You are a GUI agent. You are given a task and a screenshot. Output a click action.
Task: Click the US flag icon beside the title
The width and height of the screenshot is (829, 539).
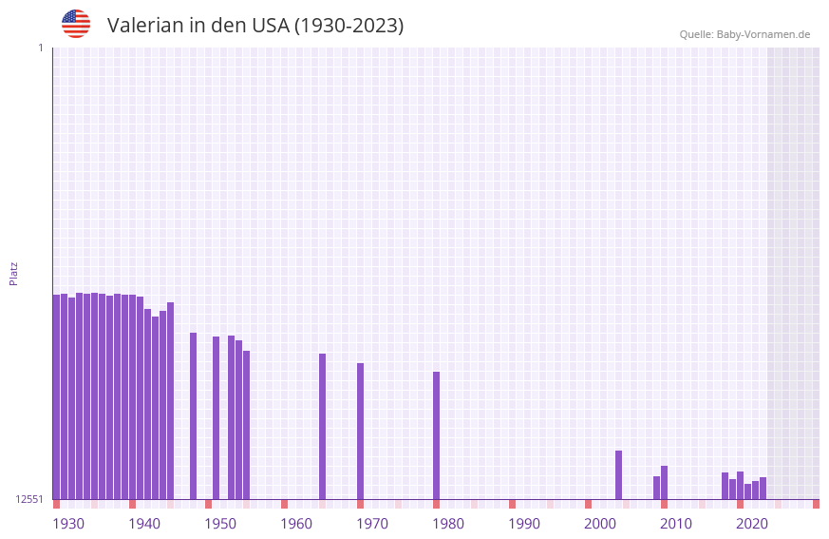76,24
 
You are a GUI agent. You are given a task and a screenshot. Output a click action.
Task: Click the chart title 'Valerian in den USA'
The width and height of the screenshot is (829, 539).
254,26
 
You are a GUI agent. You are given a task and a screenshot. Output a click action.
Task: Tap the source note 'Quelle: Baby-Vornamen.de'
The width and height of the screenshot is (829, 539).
744,34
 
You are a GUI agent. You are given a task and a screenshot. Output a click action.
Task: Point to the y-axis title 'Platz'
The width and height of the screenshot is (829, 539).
13,273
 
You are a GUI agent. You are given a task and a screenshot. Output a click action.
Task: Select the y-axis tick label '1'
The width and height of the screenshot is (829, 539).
40,48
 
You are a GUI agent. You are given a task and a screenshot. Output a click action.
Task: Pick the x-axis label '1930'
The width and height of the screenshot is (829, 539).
68,524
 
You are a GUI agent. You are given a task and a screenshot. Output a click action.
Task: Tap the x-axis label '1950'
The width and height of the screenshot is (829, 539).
220,524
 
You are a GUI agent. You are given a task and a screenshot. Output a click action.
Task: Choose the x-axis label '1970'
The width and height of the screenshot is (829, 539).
372,524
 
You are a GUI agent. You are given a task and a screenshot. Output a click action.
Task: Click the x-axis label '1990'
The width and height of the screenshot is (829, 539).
524,524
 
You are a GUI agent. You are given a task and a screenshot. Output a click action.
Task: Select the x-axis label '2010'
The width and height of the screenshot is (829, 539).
676,524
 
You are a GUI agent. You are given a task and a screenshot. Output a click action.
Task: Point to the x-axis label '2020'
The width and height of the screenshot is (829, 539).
752,524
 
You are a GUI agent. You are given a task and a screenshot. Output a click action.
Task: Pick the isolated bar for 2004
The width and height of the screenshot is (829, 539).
619,474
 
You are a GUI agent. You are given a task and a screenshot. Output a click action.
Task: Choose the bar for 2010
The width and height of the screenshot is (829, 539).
665,482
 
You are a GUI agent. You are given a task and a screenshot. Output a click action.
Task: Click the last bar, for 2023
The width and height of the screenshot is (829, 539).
763,488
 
